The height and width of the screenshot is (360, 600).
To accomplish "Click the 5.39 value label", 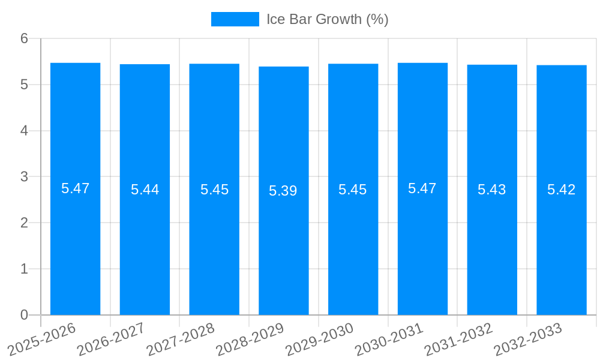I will (283, 191).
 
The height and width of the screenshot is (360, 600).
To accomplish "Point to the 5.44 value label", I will (145, 190).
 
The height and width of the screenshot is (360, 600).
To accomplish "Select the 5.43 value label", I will (492, 190).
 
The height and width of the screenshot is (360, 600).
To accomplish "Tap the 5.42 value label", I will (562, 190).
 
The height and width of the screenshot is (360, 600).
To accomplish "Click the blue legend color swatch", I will (235, 19).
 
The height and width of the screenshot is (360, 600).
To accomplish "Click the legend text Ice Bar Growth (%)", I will (328, 19).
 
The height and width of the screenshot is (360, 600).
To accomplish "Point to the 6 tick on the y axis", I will (24, 38).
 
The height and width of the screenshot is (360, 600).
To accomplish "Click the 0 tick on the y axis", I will (24, 315).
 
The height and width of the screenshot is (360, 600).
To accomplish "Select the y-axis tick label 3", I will (24, 177).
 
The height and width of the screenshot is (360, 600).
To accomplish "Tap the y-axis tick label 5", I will (24, 85).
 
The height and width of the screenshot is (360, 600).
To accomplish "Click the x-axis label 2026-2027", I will (112, 339).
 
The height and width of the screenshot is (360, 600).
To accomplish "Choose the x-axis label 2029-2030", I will (320, 339).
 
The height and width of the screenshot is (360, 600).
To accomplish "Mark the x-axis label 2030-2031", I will (389, 339).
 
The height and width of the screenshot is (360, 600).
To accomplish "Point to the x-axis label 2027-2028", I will (181, 339).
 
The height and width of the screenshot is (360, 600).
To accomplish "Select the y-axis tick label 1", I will (24, 269).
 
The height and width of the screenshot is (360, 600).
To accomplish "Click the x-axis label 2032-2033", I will (528, 339).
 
